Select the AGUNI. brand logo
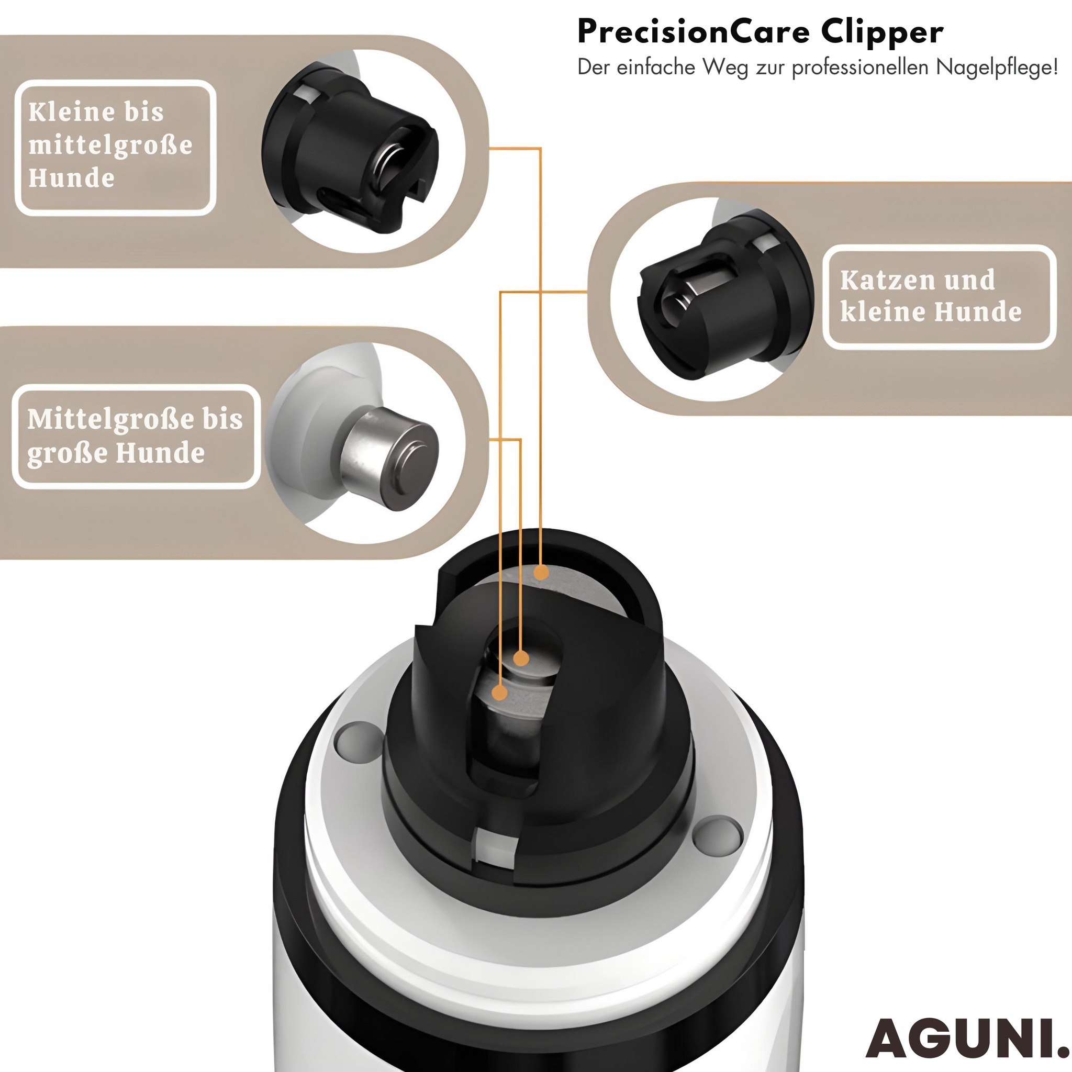(x=968, y=1038)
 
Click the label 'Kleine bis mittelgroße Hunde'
(x=110, y=145)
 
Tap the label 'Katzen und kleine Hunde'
(x=931, y=296)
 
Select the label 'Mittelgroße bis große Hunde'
(x=135, y=435)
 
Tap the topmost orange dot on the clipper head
(x=541, y=572)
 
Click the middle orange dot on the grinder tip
(x=521, y=658)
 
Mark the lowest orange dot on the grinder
(x=500, y=693)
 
